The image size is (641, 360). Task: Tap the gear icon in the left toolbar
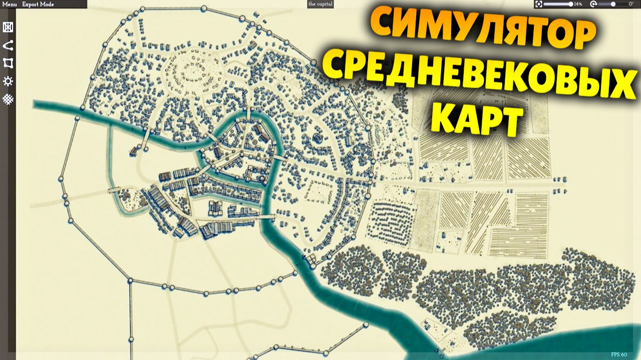pos(8,81)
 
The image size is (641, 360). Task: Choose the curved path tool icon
pos(8,46)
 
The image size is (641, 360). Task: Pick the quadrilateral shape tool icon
pos(8,63)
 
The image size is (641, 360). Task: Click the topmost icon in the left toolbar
pos(8,28)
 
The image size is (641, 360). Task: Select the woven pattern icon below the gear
pos(8,99)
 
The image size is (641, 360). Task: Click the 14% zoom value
pos(578,4)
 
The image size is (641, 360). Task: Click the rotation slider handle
pos(613,4)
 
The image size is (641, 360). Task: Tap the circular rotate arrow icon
pos(593,4)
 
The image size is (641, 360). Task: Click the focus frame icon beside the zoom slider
pos(538,4)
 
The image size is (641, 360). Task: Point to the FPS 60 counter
pos(619,354)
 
